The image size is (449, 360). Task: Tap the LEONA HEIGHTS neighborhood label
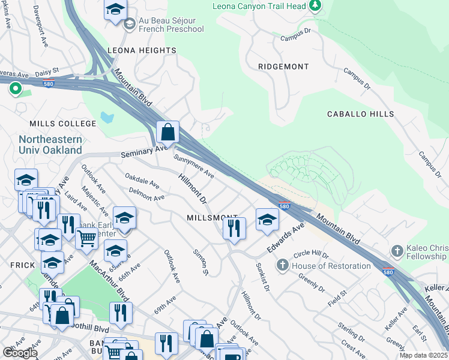(x=142, y=51)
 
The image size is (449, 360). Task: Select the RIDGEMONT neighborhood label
(x=283, y=67)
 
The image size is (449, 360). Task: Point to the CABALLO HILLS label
(x=360, y=114)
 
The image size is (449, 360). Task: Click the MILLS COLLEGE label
(x=63, y=124)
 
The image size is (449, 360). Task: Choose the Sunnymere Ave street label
(x=194, y=167)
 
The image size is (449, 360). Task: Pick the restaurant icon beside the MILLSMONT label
(x=234, y=228)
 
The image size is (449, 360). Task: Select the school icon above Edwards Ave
(x=267, y=219)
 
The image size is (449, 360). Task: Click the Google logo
(x=20, y=353)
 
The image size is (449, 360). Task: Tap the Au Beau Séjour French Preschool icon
(x=129, y=25)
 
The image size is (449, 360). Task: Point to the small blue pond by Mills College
(x=107, y=117)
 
